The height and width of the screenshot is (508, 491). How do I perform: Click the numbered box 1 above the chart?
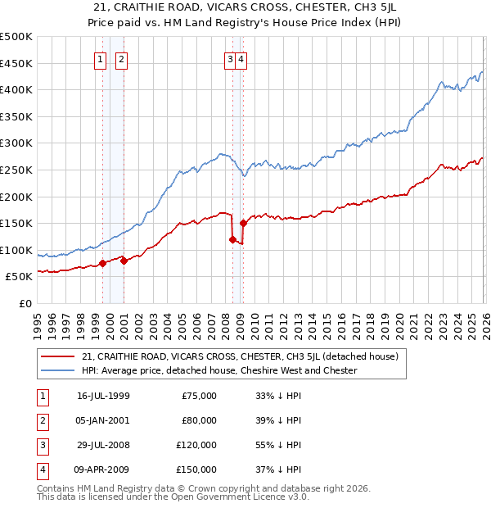click(100, 58)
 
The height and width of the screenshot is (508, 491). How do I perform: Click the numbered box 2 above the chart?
click(120, 58)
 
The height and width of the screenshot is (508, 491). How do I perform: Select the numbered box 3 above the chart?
click(231, 58)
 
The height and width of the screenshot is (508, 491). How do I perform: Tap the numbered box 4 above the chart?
click(243, 58)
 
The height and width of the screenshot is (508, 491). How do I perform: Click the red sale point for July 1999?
click(102, 263)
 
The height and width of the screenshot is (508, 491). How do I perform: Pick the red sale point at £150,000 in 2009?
click(243, 223)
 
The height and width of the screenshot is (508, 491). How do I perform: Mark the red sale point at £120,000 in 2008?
click(232, 239)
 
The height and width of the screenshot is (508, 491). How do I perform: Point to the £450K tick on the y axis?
click(16, 63)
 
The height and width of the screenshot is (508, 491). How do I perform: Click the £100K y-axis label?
click(16, 250)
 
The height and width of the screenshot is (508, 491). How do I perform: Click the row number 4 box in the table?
click(40, 469)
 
